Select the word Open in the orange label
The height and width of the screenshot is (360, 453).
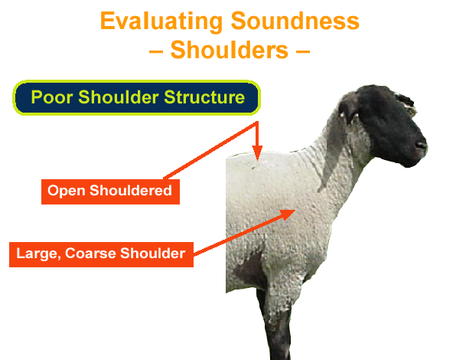[64, 191]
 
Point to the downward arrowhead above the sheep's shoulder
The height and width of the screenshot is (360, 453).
[258, 153]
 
